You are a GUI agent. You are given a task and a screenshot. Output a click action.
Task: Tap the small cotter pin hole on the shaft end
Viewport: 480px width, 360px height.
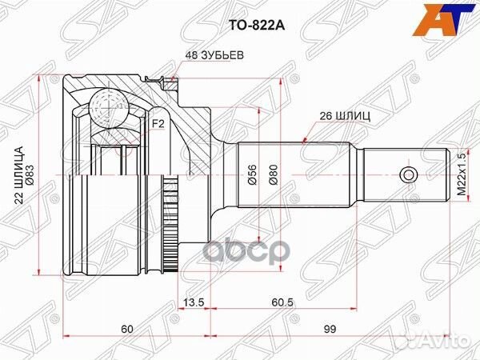click(x=407, y=174)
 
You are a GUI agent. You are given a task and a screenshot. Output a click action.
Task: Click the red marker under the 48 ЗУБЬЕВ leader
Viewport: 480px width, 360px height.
click(x=171, y=78)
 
